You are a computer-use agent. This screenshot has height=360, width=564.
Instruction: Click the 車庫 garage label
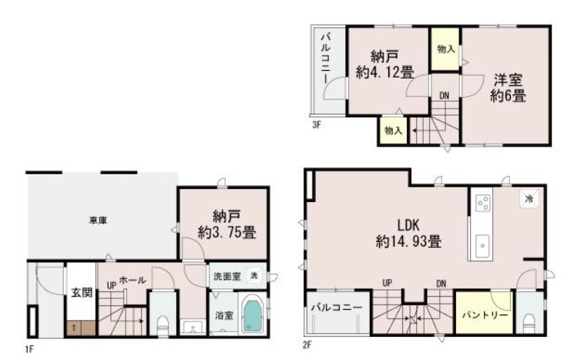[97, 221]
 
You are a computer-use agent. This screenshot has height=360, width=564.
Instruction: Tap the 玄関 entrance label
[79, 292]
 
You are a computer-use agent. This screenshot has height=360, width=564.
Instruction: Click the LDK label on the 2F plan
[408, 225]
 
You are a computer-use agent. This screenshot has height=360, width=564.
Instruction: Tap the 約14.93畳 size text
[408, 241]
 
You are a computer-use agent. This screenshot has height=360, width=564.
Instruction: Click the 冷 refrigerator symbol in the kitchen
[529, 198]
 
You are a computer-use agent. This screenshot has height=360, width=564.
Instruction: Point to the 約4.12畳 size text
[384, 72]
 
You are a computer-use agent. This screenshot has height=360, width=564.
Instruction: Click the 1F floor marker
[29, 349]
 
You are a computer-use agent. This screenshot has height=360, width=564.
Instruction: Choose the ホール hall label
[133, 281]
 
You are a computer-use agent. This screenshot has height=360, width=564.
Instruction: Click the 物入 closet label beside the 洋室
[445, 49]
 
